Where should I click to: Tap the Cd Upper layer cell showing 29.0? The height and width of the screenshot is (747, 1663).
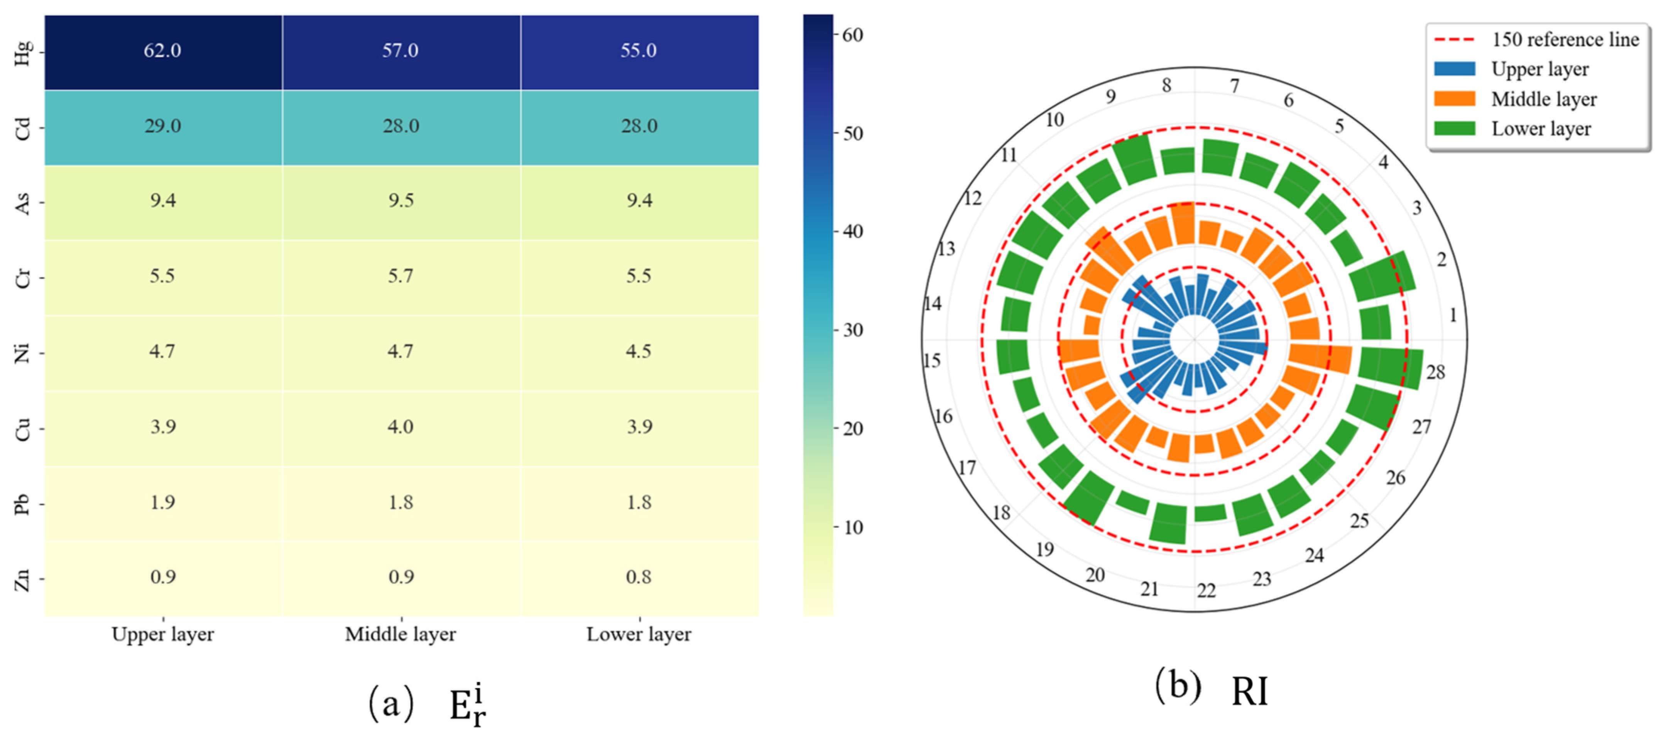163,127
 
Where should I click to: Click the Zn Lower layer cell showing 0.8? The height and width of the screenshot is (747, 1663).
639,579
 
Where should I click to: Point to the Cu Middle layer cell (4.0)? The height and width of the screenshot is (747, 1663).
401,428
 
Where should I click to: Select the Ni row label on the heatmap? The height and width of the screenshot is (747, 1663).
23,353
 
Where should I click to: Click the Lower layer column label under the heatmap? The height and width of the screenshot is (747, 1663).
639,635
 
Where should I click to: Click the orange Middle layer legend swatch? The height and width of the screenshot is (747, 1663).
1455,99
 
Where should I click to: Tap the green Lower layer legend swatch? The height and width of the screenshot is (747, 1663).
1455,128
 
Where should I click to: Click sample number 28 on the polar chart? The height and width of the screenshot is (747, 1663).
1435,372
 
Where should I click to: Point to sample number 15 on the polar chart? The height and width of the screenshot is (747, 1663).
931,360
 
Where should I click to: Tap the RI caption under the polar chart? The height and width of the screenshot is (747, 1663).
1250,692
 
